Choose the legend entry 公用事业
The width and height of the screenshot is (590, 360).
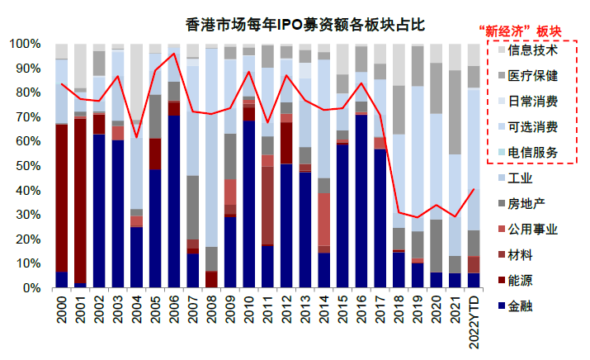pos(523,229)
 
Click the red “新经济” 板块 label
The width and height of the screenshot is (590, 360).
pos(520,32)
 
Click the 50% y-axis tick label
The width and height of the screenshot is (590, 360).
pos(27,166)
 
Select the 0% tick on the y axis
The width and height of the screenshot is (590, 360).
pos(31,289)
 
